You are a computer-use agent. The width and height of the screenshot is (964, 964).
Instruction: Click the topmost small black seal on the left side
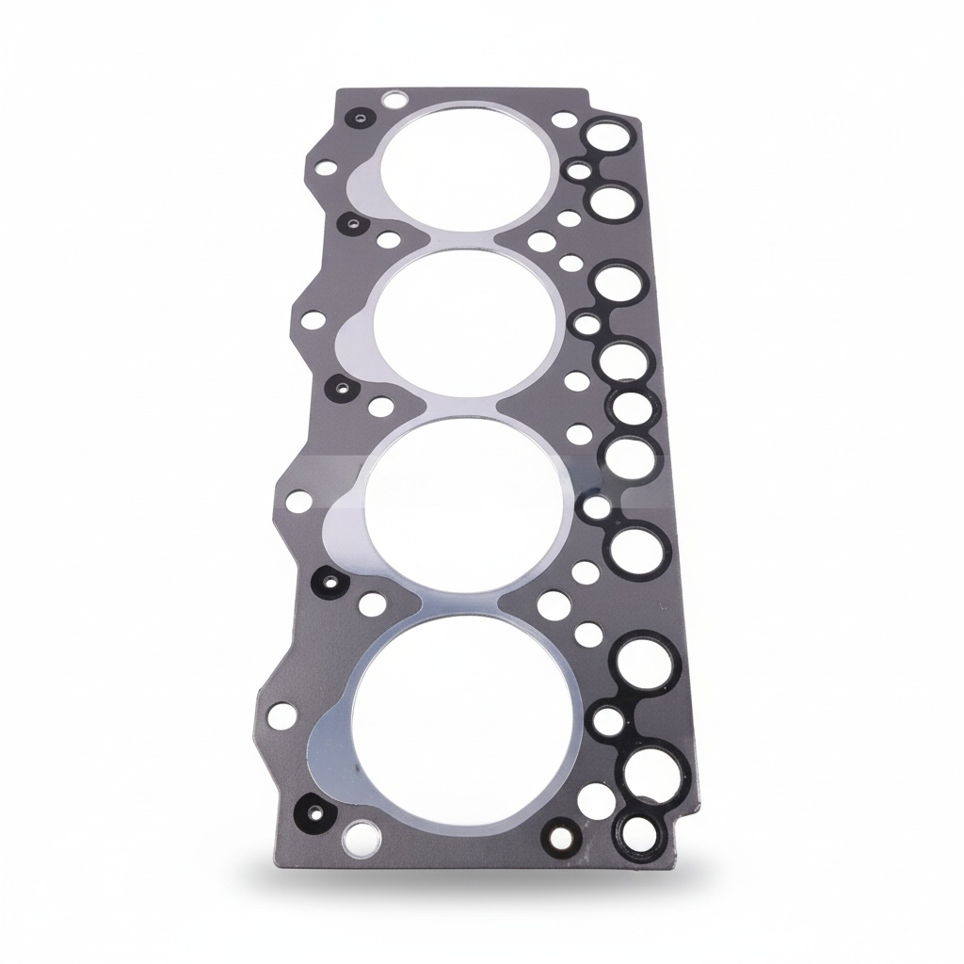coord(357,119)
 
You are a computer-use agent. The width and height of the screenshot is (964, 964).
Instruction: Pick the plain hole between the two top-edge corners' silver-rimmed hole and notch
coord(563,120)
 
